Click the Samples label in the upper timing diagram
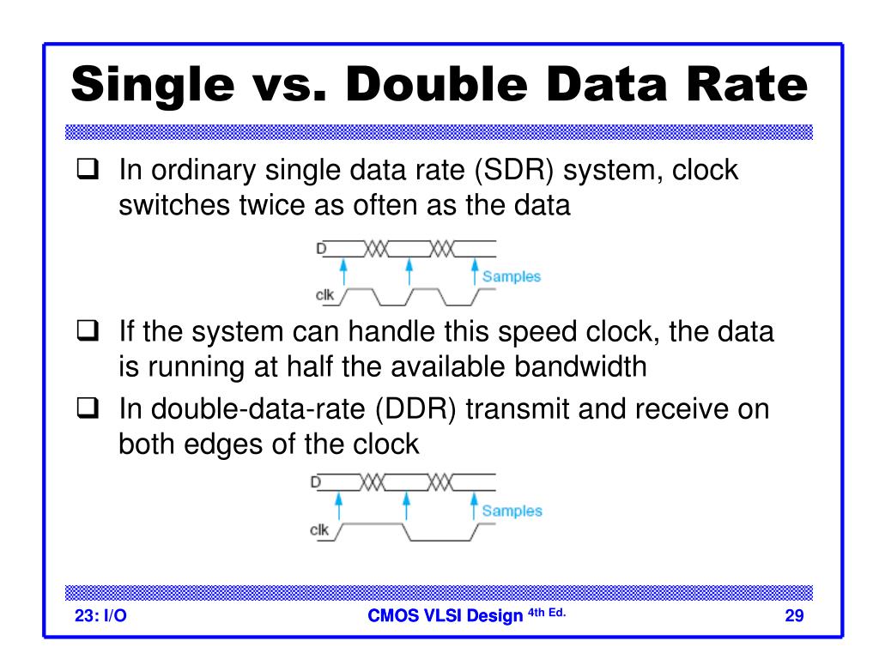pos(512,276)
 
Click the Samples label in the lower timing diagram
pos(512,511)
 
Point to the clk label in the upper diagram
pos(324,296)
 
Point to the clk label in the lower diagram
pos(319,530)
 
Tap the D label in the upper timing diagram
pos(321,249)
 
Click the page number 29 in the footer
pos(793,615)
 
